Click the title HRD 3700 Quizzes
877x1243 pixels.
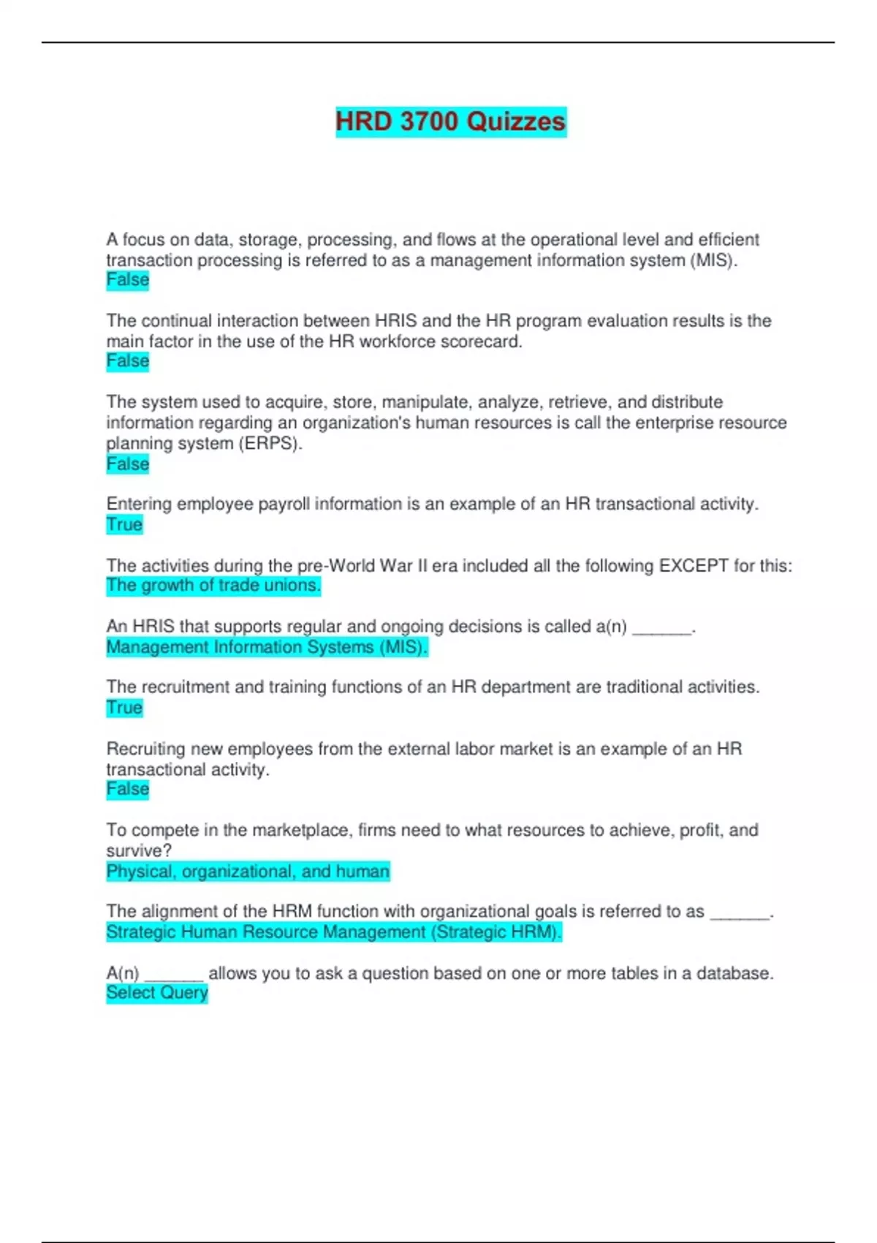(450, 121)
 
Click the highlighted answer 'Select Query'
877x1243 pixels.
(157, 993)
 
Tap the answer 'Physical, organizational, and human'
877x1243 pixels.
(248, 872)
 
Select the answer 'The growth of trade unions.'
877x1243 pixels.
(213, 586)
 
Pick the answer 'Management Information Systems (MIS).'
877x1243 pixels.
(267, 647)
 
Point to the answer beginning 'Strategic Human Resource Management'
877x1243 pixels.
(334, 932)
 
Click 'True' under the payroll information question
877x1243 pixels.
(124, 525)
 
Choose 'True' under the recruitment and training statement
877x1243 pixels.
(124, 708)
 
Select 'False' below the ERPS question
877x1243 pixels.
(128, 464)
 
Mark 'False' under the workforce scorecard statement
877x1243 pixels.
(128, 361)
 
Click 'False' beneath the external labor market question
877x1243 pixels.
(128, 790)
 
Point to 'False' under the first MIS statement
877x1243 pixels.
(128, 280)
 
